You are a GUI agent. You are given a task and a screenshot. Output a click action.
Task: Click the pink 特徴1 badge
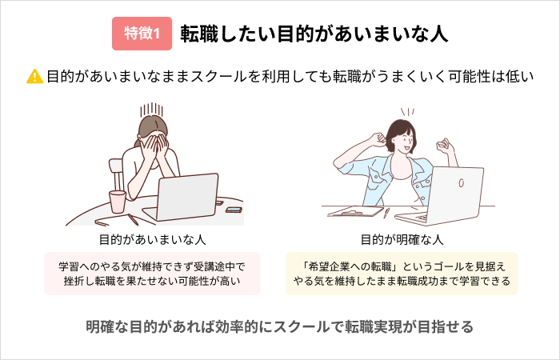(142, 34)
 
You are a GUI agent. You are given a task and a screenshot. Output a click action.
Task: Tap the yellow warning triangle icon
(34, 77)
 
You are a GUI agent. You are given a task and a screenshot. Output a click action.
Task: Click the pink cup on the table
(117, 202)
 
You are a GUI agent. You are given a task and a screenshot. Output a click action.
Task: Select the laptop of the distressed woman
(182, 198)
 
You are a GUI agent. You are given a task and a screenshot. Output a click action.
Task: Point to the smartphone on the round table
(234, 210)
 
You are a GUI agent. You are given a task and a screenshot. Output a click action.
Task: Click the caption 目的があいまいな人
(153, 240)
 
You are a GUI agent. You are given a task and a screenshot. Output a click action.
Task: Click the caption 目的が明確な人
(402, 240)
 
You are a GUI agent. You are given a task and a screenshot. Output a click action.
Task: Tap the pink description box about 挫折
(152, 274)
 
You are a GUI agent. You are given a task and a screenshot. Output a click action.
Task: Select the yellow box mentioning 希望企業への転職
(402, 274)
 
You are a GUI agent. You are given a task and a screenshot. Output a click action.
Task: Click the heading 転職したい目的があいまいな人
(314, 34)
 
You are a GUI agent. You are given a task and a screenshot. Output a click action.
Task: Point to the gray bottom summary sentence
(280, 326)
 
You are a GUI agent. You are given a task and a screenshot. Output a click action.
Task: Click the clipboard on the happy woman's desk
(355, 211)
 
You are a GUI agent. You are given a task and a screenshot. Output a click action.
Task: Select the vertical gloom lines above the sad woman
(151, 110)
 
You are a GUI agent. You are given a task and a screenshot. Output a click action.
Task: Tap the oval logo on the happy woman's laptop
(461, 183)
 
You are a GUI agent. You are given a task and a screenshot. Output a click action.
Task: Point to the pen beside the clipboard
(386, 213)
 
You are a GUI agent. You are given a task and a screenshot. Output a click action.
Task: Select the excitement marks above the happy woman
(407, 112)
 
